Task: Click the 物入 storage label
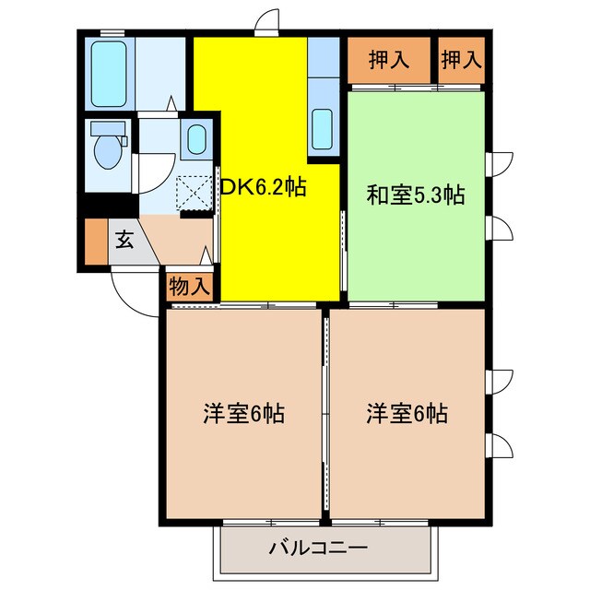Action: click(x=191, y=287)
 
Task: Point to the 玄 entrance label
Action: click(x=123, y=240)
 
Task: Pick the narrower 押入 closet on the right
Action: click(x=461, y=61)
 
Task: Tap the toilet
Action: click(x=107, y=147)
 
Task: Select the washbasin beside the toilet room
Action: click(x=196, y=140)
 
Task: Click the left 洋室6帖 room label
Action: click(x=244, y=414)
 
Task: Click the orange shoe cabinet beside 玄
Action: click(x=95, y=242)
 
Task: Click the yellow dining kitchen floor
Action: click(x=267, y=249)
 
